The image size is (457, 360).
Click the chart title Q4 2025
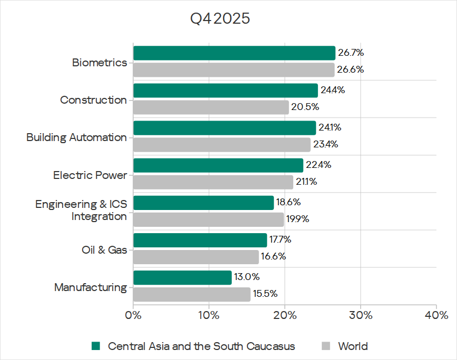[220, 19]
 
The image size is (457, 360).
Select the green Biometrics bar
[234, 53]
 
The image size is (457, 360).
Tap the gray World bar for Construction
[211, 107]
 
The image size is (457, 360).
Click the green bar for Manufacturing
[182, 277]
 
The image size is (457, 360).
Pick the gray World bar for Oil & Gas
[196, 257]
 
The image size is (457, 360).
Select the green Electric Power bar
[218, 165]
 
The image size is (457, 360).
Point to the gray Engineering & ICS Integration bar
[208, 219]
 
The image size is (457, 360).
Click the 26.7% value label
[351, 53]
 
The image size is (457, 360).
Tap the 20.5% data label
[306, 107]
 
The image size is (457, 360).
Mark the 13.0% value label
[247, 277]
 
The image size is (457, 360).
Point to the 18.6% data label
[289, 202]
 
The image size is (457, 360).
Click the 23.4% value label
[325, 144]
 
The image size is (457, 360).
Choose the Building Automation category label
[76, 137]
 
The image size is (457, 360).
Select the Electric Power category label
[90, 175]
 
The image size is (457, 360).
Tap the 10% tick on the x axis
[209, 316]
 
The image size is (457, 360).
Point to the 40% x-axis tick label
[436, 316]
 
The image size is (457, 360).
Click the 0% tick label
[133, 316]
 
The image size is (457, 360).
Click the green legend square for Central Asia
[95, 346]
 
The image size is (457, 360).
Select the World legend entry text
[353, 346]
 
